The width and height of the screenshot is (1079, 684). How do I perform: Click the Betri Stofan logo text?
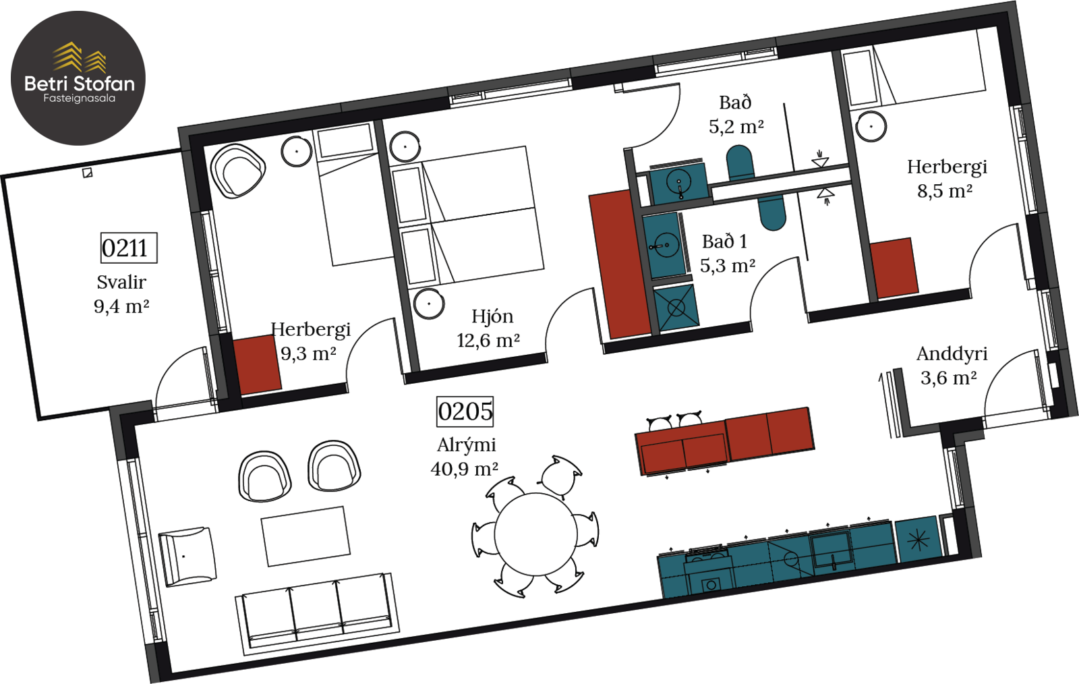coord(80,84)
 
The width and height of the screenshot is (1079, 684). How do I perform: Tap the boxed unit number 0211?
coord(129,248)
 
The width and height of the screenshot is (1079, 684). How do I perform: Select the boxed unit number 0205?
coord(465,411)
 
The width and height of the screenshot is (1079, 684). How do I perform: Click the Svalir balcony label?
coord(121,282)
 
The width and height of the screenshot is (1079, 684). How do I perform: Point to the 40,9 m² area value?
coord(465,469)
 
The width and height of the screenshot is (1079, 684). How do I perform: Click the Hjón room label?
coord(492,316)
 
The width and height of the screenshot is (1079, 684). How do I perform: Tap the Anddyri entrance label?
coord(952,354)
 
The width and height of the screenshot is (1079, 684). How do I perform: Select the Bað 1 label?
coord(724,241)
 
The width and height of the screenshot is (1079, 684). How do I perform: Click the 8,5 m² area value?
coord(945,191)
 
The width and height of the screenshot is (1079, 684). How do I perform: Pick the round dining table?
coord(535,534)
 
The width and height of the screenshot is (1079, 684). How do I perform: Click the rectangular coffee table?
coord(306,536)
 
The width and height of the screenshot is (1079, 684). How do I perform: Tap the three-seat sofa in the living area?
coord(317,614)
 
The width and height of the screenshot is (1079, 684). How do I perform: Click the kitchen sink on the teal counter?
coord(832,550)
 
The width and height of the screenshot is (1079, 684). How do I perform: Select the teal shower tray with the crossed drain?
coord(676,308)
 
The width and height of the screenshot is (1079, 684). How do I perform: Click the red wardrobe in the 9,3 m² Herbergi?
coord(257,365)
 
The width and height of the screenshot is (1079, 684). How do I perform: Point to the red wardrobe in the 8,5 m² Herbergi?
coord(894,268)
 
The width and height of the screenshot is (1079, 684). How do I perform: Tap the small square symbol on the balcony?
coord(87,173)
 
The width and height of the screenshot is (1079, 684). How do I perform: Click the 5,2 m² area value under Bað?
coord(736,127)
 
